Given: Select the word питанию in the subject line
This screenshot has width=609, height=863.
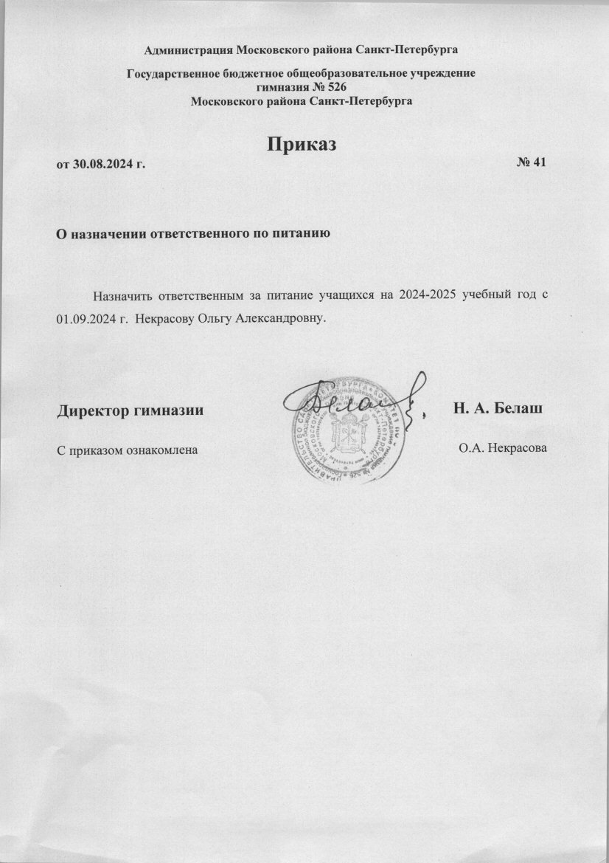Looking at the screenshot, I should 297,235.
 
